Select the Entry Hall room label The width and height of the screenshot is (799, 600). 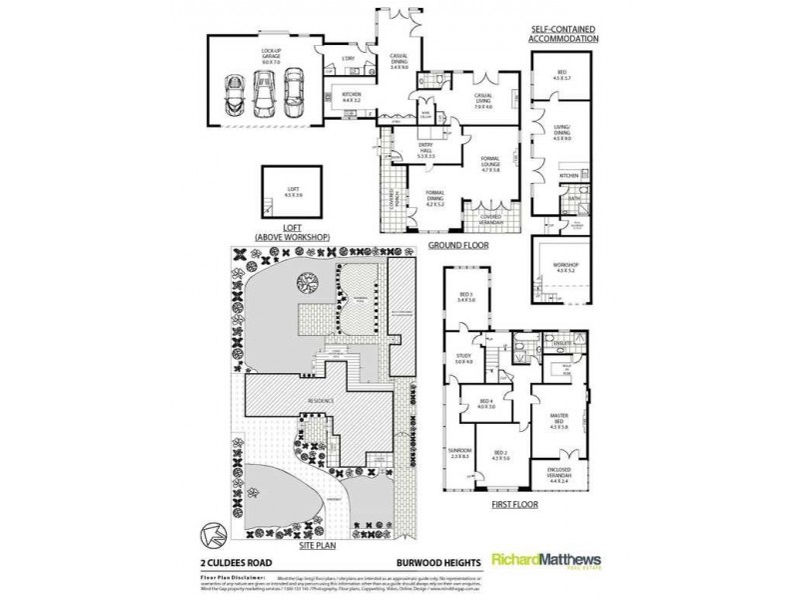coord(427,152)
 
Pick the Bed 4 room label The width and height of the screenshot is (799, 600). coord(486,403)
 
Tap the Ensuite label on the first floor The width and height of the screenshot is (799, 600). coord(561,342)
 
